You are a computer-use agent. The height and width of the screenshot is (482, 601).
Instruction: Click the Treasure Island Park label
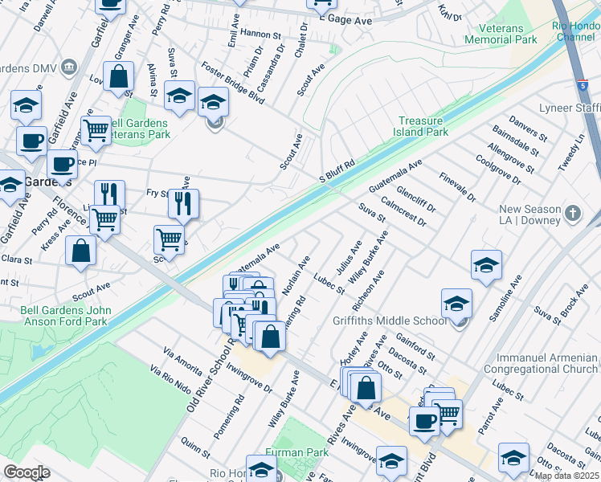click(x=423, y=126)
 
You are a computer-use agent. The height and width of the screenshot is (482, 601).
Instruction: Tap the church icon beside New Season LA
click(x=572, y=213)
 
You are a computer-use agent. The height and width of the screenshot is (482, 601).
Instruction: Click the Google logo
click(x=27, y=472)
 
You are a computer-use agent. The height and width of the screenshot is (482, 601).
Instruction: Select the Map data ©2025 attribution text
click(x=566, y=476)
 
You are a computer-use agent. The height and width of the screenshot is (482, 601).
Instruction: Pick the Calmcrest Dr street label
click(x=403, y=213)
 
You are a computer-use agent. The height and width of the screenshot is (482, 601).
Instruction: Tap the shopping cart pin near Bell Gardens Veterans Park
click(x=96, y=130)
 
